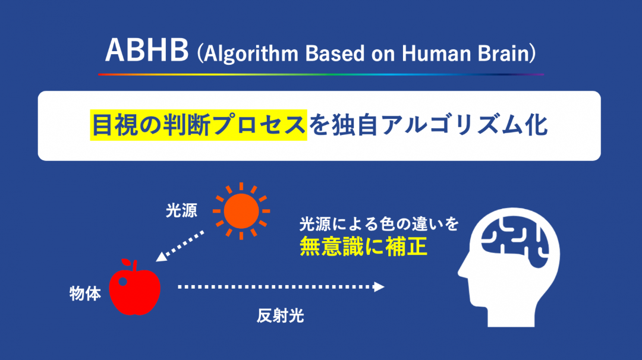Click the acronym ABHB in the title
point(147,50)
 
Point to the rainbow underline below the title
point(321,74)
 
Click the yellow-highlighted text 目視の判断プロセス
point(199,125)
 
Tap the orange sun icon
point(241,211)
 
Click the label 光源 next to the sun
point(181,211)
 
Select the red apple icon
point(135,288)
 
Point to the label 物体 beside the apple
point(85,293)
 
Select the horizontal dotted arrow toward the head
point(281,287)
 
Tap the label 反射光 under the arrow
point(281,316)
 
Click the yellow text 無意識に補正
point(364,247)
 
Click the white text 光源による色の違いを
point(379,224)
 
